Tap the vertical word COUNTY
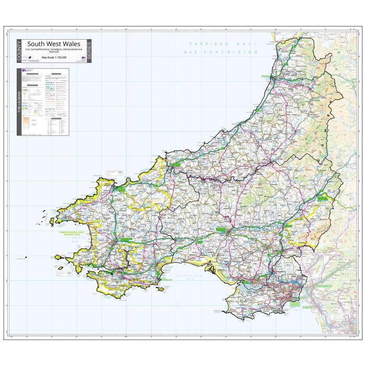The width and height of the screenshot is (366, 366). click(20, 51)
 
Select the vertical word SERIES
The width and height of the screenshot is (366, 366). click(88, 51)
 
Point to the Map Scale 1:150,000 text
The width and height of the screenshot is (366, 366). click(53, 57)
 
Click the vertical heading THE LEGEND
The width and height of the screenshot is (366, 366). click(20, 101)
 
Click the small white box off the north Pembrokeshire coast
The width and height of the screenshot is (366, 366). click(113, 172)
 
